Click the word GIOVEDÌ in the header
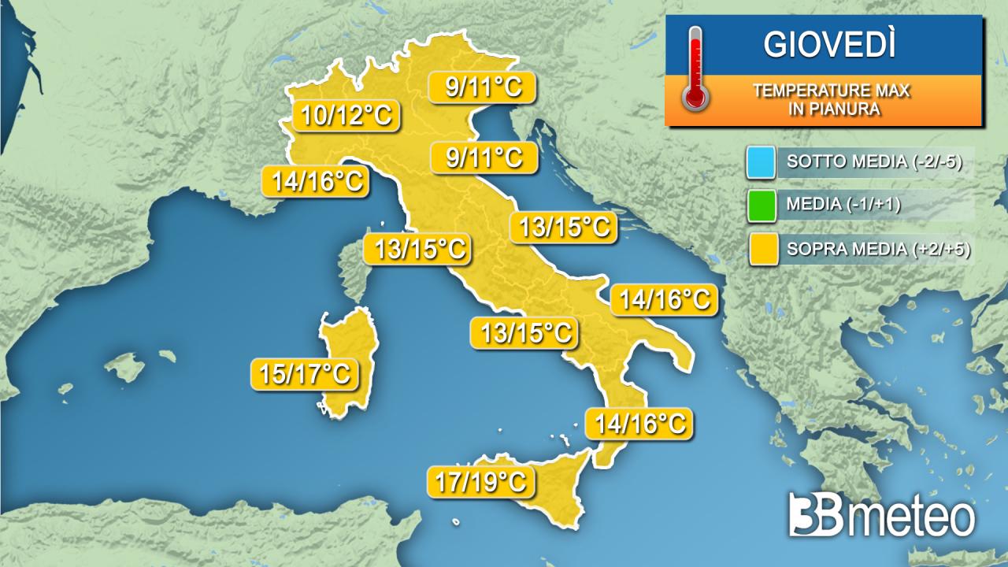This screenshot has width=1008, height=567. (830, 45)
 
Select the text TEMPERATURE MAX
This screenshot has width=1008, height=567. (831, 91)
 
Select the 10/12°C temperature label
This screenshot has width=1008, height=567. (346, 117)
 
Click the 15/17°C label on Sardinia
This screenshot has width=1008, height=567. (304, 374)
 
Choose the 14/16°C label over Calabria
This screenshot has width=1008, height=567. (639, 423)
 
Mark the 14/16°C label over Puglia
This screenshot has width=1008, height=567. (665, 299)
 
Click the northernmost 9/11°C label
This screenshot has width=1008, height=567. (483, 87)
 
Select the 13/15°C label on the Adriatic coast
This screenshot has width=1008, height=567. (563, 227)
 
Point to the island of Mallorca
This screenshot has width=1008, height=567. (131, 366)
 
